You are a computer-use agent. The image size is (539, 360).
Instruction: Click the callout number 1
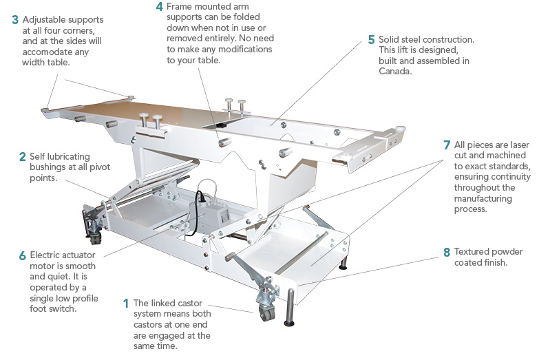[x=125, y=303]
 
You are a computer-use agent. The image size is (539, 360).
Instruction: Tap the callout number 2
[x=22, y=157]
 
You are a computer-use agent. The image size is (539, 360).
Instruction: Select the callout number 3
[x=15, y=20]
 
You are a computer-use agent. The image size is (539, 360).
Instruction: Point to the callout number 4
[x=159, y=8]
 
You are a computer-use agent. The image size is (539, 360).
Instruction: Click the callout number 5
[x=372, y=40]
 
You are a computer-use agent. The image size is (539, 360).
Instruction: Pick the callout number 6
[x=22, y=255]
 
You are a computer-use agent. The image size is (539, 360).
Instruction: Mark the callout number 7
[x=447, y=145]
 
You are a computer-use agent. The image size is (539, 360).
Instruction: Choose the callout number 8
[x=447, y=251]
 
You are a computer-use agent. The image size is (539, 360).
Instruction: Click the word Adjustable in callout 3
[x=45, y=20]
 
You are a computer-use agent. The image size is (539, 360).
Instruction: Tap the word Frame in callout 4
[x=182, y=8]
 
